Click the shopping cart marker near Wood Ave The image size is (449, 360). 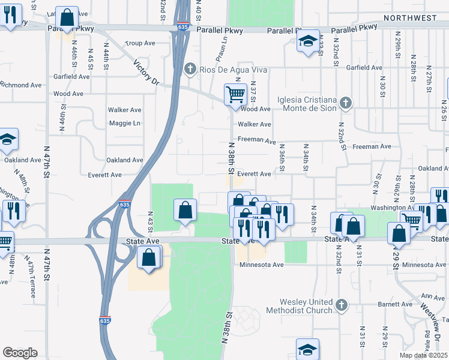coord(235,94)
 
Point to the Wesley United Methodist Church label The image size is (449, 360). coord(306,306)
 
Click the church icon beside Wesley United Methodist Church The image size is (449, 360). coord(342,306)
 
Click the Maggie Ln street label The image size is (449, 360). coord(124,124)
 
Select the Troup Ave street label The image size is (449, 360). coord(140,43)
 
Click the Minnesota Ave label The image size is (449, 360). coord(261,265)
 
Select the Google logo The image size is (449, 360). coord(20,353)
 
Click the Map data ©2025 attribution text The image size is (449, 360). coord(424,356)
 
